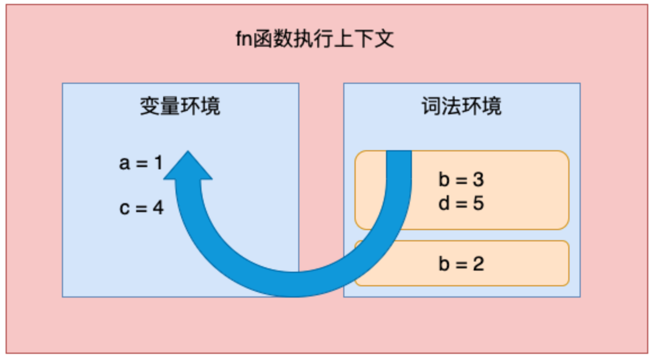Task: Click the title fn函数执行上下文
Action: click(315, 39)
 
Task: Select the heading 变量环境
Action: click(180, 106)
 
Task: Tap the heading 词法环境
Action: click(461, 106)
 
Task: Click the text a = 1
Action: click(141, 163)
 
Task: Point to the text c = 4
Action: click(141, 208)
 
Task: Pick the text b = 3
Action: click(461, 179)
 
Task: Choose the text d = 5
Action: click(461, 204)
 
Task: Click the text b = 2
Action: click(461, 263)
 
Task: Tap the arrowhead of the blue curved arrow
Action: click(188, 165)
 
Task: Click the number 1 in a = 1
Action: click(158, 163)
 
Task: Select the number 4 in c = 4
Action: click(158, 208)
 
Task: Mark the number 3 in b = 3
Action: click(478, 179)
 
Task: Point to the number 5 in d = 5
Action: click(478, 204)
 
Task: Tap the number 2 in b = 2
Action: click(478, 263)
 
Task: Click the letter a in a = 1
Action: click(124, 164)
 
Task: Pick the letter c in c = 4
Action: click(124, 208)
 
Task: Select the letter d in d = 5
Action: click(444, 204)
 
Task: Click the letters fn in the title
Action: click(244, 39)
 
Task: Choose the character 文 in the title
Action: click(384, 39)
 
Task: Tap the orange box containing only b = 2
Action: click(462, 263)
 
